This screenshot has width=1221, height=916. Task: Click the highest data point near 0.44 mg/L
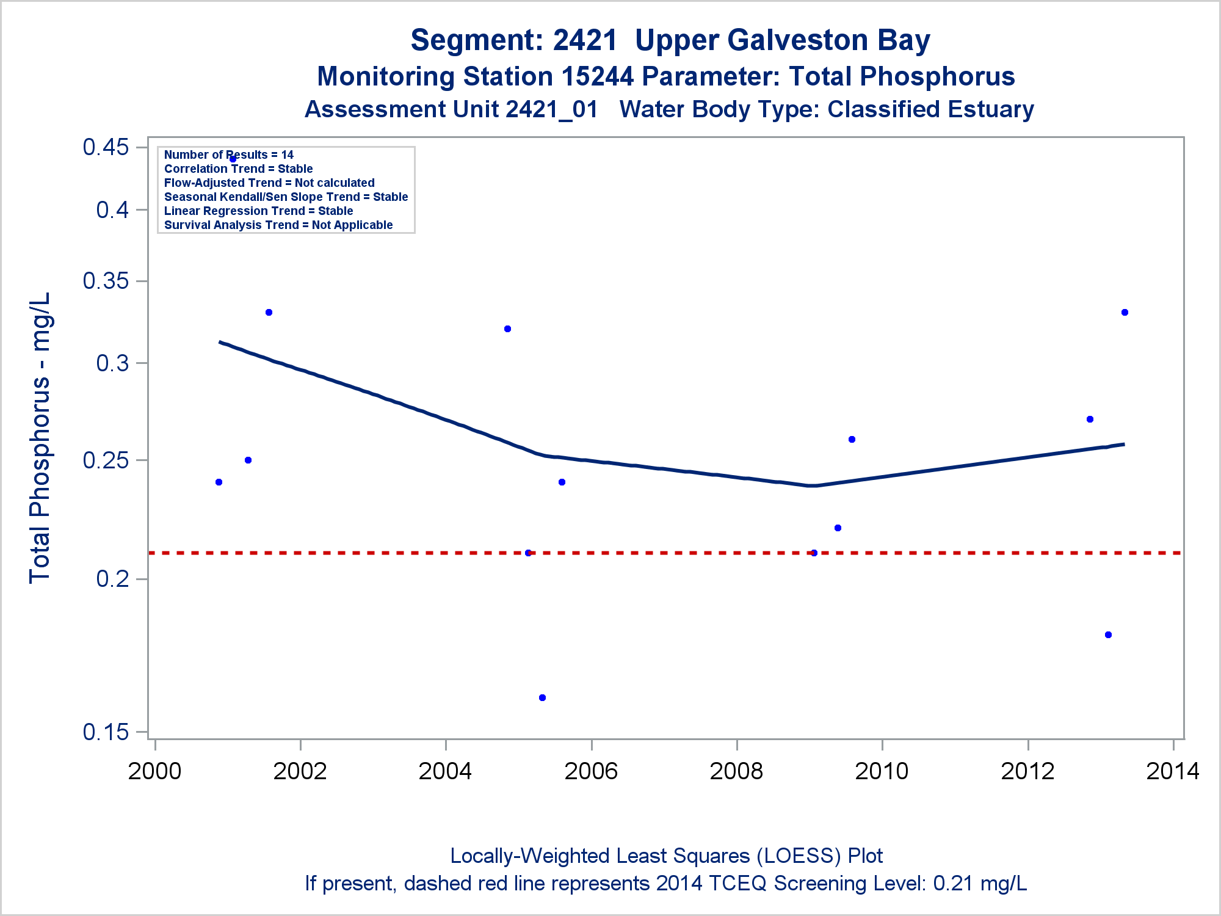click(233, 159)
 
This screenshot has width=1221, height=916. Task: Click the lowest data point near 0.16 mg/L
click(542, 697)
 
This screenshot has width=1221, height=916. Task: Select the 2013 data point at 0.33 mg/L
click(1125, 313)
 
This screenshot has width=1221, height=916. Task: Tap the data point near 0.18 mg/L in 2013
click(1108, 635)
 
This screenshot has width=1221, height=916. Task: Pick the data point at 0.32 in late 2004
click(507, 329)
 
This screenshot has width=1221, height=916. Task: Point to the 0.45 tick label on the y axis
click(106, 147)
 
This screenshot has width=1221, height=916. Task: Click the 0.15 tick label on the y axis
click(106, 732)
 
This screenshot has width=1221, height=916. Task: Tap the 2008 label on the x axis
click(736, 771)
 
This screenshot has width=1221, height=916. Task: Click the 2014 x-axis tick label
click(1172, 771)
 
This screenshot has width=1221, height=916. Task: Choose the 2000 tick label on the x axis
click(154, 771)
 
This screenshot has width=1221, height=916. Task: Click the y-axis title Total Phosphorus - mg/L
click(40, 437)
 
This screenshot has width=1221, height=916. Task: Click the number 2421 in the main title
click(585, 40)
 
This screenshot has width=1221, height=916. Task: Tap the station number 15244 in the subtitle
click(597, 77)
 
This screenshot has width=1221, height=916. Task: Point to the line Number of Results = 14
click(228, 155)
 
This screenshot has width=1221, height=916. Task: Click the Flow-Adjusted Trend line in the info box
click(269, 183)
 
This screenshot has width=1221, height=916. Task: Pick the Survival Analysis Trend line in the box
click(278, 225)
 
